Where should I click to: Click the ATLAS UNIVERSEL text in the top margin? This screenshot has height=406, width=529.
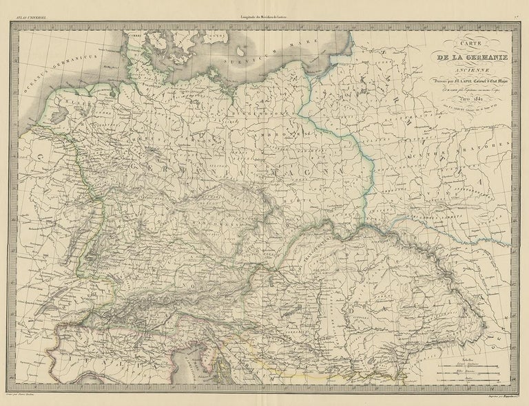click(x=28, y=7)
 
